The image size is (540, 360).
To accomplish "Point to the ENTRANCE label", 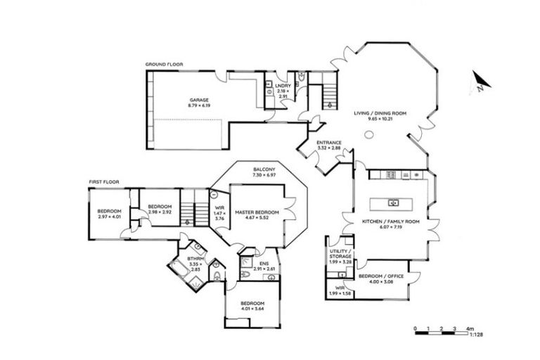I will point(328,143).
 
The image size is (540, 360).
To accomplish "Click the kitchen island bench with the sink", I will point(394,203).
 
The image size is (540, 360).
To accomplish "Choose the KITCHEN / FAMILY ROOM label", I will point(390,221).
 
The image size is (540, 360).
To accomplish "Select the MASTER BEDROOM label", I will point(257,212).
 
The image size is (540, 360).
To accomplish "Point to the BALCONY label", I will point(264,169).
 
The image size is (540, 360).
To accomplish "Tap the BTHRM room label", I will point(195,259).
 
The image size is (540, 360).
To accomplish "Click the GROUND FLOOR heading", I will point(164,64).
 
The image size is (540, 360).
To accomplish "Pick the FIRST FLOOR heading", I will point(103,181).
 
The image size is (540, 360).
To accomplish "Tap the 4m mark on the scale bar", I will point(469,328).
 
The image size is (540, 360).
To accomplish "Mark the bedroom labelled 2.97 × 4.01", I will point(109,214).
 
